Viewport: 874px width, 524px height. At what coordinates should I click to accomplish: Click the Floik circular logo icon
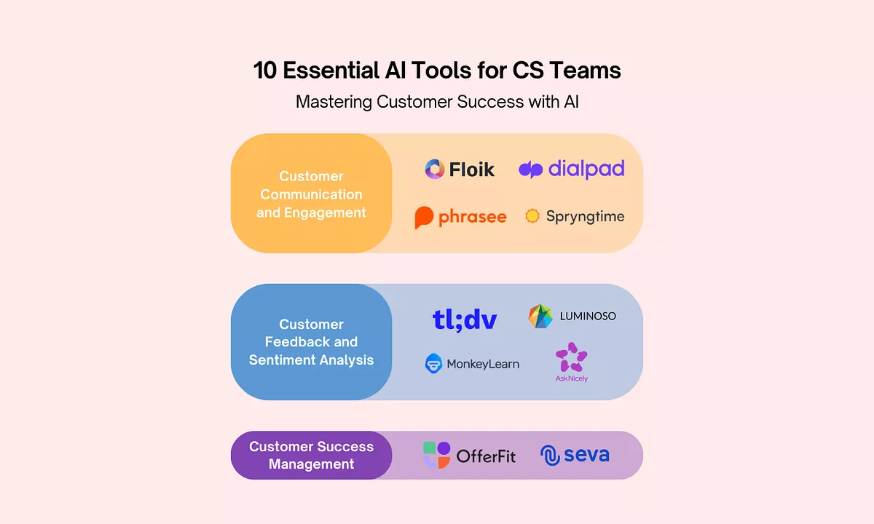click(x=435, y=170)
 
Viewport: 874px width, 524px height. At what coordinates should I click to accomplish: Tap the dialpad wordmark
click(x=586, y=170)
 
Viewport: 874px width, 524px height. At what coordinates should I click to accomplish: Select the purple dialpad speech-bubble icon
click(x=530, y=170)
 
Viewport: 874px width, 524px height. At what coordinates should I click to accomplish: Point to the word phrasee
click(x=472, y=217)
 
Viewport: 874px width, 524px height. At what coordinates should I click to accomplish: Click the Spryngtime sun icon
click(x=532, y=216)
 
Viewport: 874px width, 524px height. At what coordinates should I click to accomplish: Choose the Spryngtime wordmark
click(x=585, y=217)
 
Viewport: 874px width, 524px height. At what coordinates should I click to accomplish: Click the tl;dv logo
click(x=465, y=319)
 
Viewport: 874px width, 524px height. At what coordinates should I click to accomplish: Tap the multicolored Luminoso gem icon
click(x=540, y=316)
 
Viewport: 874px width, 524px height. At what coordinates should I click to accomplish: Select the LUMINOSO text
click(x=588, y=316)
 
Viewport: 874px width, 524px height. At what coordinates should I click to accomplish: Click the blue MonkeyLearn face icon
click(x=433, y=363)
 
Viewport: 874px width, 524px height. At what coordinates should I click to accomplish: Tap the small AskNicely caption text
click(x=571, y=378)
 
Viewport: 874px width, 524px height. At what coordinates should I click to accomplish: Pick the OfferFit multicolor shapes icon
click(x=436, y=456)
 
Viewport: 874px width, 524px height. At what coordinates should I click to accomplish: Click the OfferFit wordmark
click(x=486, y=457)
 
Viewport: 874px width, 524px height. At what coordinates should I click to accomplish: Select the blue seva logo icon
click(x=549, y=456)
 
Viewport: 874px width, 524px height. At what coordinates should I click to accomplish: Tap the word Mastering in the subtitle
click(x=334, y=102)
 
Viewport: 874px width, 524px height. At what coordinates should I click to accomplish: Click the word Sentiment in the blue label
click(x=283, y=360)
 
